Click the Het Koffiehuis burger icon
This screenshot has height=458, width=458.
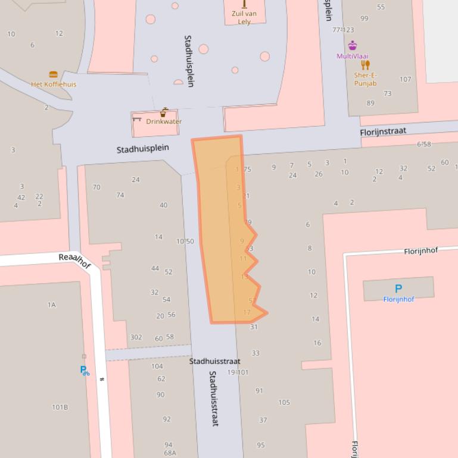coord(54,75)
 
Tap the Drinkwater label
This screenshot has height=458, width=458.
coord(164,121)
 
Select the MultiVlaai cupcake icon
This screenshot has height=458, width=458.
coord(353,46)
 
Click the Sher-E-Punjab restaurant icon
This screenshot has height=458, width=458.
coord(365,65)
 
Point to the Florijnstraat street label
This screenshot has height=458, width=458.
coord(382,131)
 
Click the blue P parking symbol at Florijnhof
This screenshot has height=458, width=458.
coord(398,289)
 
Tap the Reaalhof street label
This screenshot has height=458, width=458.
coord(74,260)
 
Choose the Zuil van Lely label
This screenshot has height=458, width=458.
coord(244,17)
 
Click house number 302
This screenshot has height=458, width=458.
coord(136,337)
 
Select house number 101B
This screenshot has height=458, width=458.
coord(60,407)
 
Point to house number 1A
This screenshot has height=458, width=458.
coord(52,305)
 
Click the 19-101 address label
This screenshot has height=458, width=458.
coord(238,372)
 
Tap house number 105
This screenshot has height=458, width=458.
coord(284,403)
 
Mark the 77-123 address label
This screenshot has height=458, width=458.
coord(343,30)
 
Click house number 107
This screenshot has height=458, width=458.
coord(405,79)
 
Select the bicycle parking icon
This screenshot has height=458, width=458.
coord(85,371)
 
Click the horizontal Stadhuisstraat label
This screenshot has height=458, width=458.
coord(215,361)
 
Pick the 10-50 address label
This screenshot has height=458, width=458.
coord(185,241)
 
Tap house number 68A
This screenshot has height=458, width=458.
coord(170,453)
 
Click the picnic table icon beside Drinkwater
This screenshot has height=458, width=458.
coord(137,120)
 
